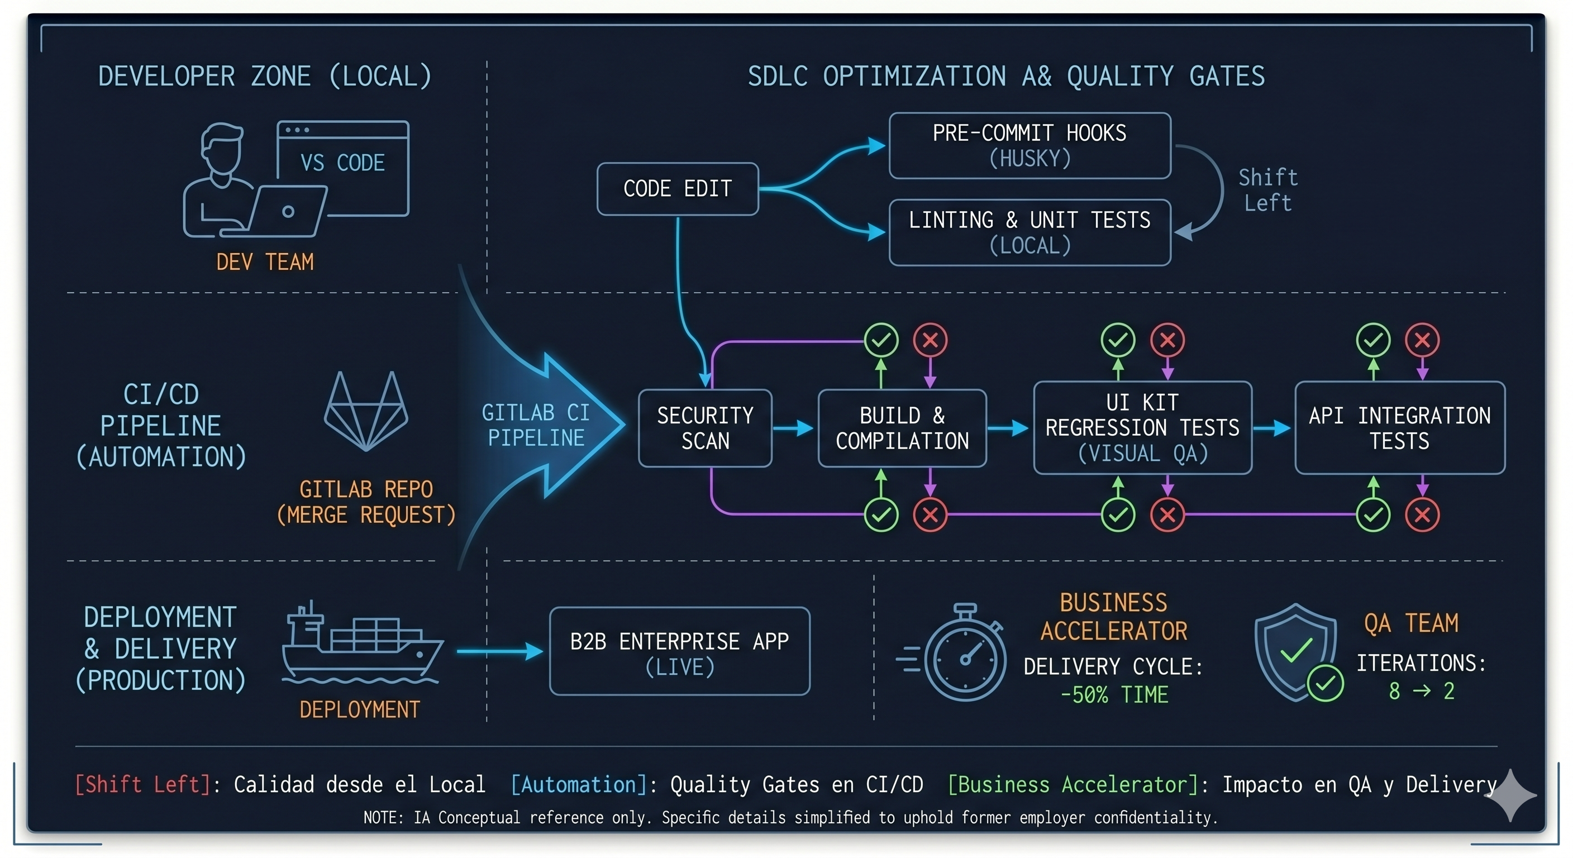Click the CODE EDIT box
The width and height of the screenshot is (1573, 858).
[x=677, y=189]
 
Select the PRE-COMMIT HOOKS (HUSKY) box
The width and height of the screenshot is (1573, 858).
[x=1029, y=145]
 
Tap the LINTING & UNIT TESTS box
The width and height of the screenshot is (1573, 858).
[x=1029, y=232]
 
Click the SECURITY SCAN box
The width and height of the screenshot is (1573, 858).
[x=705, y=428]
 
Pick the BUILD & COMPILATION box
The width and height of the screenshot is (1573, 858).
[x=902, y=428]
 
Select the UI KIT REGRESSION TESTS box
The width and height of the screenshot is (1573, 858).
[x=1142, y=427]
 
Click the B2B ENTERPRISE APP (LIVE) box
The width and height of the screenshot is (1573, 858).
[x=679, y=651]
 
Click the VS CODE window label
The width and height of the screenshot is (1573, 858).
[x=342, y=163]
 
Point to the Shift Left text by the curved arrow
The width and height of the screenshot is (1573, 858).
[x=1267, y=190]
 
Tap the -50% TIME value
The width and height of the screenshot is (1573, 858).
[x=1114, y=695]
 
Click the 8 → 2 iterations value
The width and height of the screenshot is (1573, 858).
[x=1421, y=692]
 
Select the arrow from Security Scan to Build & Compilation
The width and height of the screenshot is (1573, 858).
[x=793, y=428]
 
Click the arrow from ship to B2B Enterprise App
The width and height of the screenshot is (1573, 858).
[x=499, y=651]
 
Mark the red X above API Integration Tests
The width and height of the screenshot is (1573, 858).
[x=1422, y=340]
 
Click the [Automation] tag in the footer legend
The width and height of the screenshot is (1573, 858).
[x=578, y=784]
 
